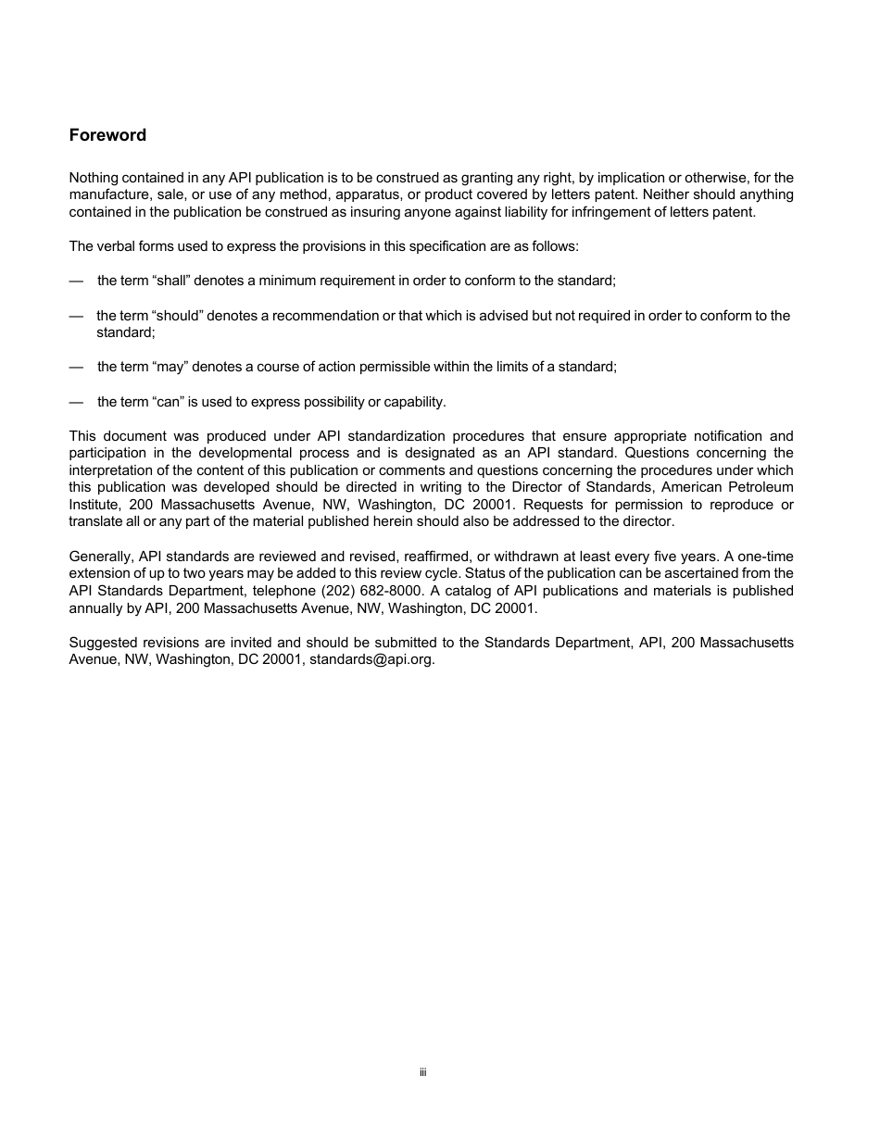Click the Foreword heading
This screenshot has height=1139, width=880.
tap(107, 135)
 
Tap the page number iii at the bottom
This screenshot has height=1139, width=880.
tap(422, 1072)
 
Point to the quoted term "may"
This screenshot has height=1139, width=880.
tap(170, 367)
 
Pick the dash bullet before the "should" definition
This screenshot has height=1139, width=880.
tap(76, 316)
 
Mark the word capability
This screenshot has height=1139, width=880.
tap(411, 402)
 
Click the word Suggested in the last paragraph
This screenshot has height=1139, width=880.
tap(102, 643)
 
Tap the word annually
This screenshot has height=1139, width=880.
tap(96, 608)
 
